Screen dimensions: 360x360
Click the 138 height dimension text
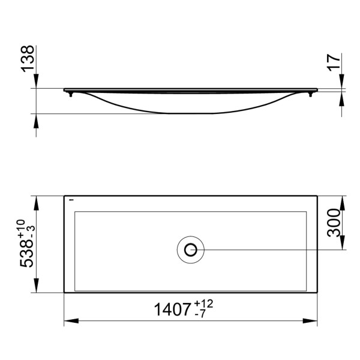click(x=28, y=58)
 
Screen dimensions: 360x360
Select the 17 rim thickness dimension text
click(x=335, y=62)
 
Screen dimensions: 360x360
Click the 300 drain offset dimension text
click(x=334, y=223)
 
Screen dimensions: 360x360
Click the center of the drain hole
click(x=191, y=249)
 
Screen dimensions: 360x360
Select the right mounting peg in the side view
click(x=311, y=94)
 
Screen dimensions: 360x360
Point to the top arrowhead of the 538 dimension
click(x=38, y=200)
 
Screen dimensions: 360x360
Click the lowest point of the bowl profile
click(x=191, y=113)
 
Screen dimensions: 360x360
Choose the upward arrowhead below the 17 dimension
click(x=343, y=96)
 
